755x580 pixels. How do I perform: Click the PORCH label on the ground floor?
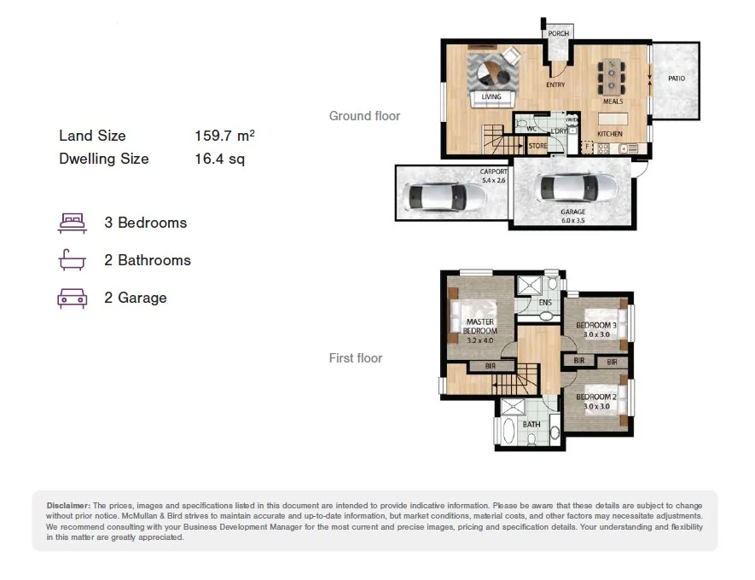tap(559, 33)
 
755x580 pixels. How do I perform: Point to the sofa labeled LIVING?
tap(492, 97)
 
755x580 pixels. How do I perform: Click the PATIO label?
tap(677, 78)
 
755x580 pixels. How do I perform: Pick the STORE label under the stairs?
tap(537, 147)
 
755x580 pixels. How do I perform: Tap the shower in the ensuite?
tap(531, 285)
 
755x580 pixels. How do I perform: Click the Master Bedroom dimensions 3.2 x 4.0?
tap(481, 340)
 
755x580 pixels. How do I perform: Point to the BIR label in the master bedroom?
tap(490, 367)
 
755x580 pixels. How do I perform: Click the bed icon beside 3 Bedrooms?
tap(73, 223)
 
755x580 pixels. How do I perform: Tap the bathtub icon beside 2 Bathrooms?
tap(73, 260)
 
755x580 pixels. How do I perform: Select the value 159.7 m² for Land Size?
tap(224, 136)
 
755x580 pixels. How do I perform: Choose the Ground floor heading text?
tap(364, 116)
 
